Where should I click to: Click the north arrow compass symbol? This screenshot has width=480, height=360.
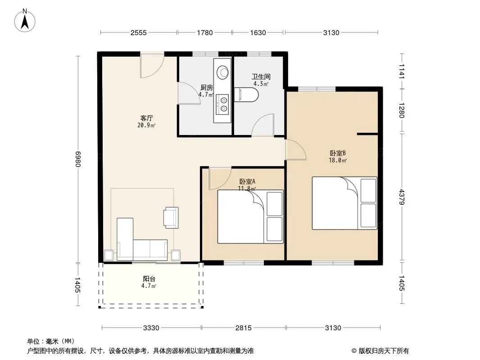(x=25, y=21)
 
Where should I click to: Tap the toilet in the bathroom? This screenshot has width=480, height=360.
(x=246, y=94)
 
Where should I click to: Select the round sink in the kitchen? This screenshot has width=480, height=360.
(x=222, y=72)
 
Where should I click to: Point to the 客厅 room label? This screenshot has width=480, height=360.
(x=147, y=118)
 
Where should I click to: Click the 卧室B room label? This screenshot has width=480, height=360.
(x=338, y=153)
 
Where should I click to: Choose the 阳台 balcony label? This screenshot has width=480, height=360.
(x=149, y=279)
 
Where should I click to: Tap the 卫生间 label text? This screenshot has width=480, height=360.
(x=261, y=76)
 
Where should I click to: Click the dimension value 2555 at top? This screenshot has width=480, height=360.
(x=139, y=32)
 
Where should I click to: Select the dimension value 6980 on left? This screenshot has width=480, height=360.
(x=77, y=159)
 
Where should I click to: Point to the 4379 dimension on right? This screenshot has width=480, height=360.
(x=402, y=197)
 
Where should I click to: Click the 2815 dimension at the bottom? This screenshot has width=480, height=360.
(x=243, y=328)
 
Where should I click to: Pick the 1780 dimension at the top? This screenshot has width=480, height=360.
(x=204, y=32)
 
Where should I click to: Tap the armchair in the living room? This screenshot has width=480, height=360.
(x=171, y=217)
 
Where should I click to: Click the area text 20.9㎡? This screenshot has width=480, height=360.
(x=147, y=125)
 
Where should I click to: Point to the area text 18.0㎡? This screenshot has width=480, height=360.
(x=338, y=160)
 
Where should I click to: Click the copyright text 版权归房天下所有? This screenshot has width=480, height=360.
(x=380, y=351)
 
